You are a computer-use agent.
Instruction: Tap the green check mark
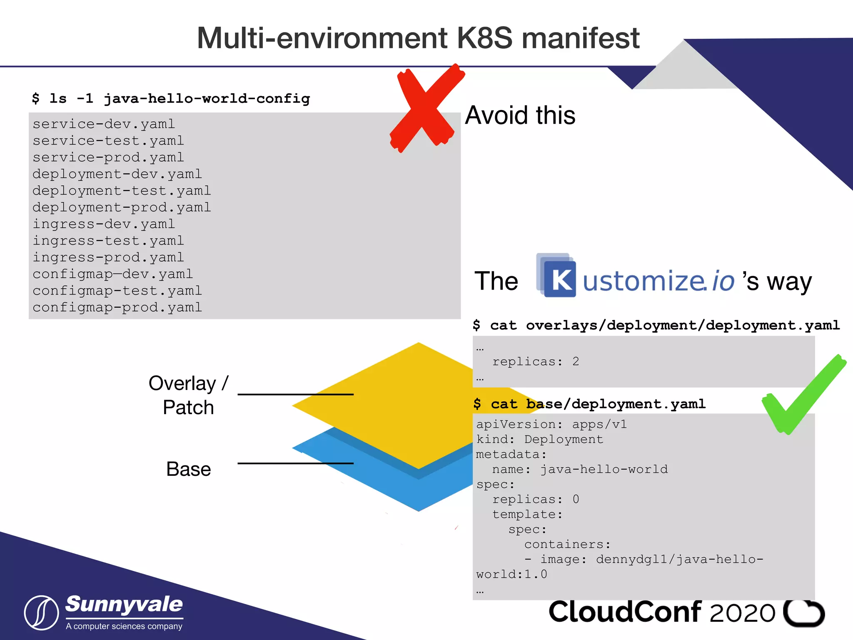[802, 396]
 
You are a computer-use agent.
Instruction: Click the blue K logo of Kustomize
[559, 278]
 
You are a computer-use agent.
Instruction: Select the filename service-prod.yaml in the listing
[108, 157]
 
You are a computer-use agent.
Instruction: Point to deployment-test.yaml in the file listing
[122, 191]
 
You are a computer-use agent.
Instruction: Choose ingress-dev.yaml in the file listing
[104, 224]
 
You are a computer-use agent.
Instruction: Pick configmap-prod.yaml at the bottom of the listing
[117, 307]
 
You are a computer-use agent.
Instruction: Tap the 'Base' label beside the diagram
[188, 469]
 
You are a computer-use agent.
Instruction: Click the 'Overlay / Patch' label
[188, 395]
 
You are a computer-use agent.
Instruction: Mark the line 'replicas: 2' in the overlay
[535, 362]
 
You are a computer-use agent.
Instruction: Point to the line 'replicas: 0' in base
[535, 499]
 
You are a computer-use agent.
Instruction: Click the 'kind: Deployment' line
[539, 439]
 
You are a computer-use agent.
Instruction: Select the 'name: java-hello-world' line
[580, 470]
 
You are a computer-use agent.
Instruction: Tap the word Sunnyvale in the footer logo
[124, 605]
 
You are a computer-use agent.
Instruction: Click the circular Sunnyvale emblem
[41, 612]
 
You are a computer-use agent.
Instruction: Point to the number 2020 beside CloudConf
[742, 613]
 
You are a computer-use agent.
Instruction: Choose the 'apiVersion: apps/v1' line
[551, 424]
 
